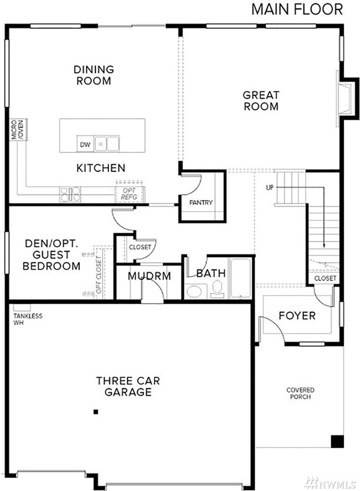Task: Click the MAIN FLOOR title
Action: [x=297, y=9]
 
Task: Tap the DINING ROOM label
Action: [x=94, y=75]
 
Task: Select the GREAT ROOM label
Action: [x=261, y=100]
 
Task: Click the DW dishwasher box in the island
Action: [x=84, y=144]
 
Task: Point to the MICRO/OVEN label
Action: [x=17, y=129]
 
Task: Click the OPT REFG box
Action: [x=129, y=193]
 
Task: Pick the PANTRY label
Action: [x=200, y=202]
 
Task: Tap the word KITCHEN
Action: [x=101, y=167]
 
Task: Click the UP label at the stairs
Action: [x=270, y=187]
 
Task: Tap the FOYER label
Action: [x=297, y=316]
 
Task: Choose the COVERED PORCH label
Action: [x=300, y=393]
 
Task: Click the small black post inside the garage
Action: [x=96, y=412]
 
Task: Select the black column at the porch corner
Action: [x=336, y=441]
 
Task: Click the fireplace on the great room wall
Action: [x=346, y=100]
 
